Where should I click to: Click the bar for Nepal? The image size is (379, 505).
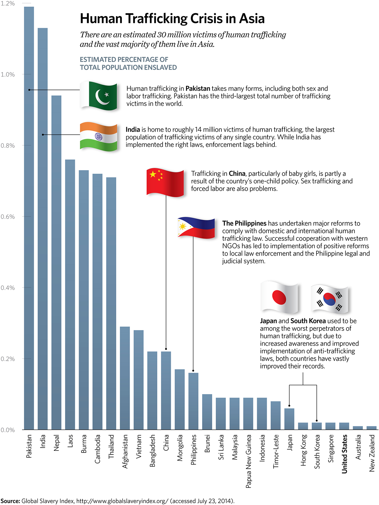tap(56, 262)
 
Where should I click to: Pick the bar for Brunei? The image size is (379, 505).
tap(207, 412)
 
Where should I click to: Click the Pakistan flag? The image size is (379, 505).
tap(99, 96)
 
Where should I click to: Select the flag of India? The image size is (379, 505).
tap(99, 136)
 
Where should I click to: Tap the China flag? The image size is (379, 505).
tap(165, 182)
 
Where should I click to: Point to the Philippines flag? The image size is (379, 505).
tap(196, 227)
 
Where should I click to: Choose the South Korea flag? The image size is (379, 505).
tap(329, 299)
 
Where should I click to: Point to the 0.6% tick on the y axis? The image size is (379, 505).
tap(8, 217)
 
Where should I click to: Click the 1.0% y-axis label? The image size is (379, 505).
tap(8, 75)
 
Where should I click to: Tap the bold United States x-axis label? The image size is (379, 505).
tap(345, 454)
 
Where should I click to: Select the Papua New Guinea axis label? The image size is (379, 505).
tap(249, 461)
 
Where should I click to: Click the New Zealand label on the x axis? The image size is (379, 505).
tap(372, 453)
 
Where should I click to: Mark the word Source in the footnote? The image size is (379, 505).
tap(10, 501)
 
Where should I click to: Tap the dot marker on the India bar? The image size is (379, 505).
tap(43, 135)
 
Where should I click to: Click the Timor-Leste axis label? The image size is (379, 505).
tap(276, 451)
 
